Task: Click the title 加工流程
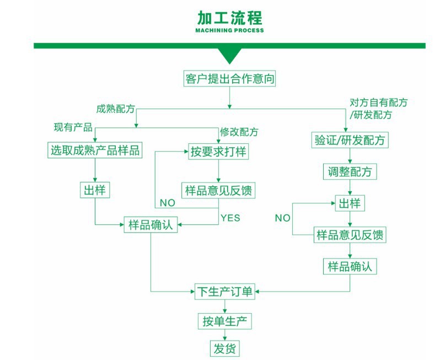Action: pos(229,18)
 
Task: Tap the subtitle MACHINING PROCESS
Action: pos(229,31)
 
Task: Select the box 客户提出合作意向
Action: pos(229,79)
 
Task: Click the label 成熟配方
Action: pos(115,108)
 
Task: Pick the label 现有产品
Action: pos(72,127)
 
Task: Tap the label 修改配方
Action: pos(239,132)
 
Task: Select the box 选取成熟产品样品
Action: pos(95,150)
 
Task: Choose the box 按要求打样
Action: pos(218,151)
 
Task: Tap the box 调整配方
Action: pos(350,172)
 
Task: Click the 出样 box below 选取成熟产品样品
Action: pos(95,190)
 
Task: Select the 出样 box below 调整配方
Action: pos(350,203)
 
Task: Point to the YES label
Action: pos(230,218)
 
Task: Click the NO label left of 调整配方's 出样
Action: pos(282,218)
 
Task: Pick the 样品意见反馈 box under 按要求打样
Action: pos(218,190)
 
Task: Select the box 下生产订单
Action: pos(224,291)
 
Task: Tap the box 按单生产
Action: pos(224,321)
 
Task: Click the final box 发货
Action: pos(224,348)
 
